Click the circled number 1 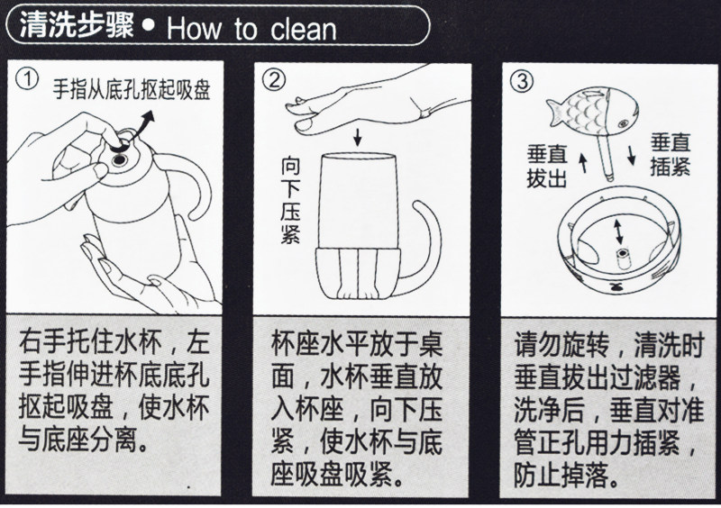pyautogui.click(x=27, y=79)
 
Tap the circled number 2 pyautogui.click(x=274, y=80)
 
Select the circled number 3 pyautogui.click(x=522, y=81)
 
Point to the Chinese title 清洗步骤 pyautogui.click(x=76, y=25)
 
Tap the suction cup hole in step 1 pyautogui.click(x=120, y=159)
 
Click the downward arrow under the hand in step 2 pyautogui.click(x=358, y=137)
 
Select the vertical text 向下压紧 pyautogui.click(x=290, y=200)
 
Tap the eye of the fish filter pyautogui.click(x=623, y=123)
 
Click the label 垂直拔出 pyautogui.click(x=547, y=166)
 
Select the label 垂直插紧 pyautogui.click(x=671, y=154)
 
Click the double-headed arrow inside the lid pyautogui.click(x=619, y=231)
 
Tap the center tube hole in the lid pyautogui.click(x=623, y=253)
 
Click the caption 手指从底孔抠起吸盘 pyautogui.click(x=132, y=89)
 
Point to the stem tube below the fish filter pyautogui.click(x=607, y=158)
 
